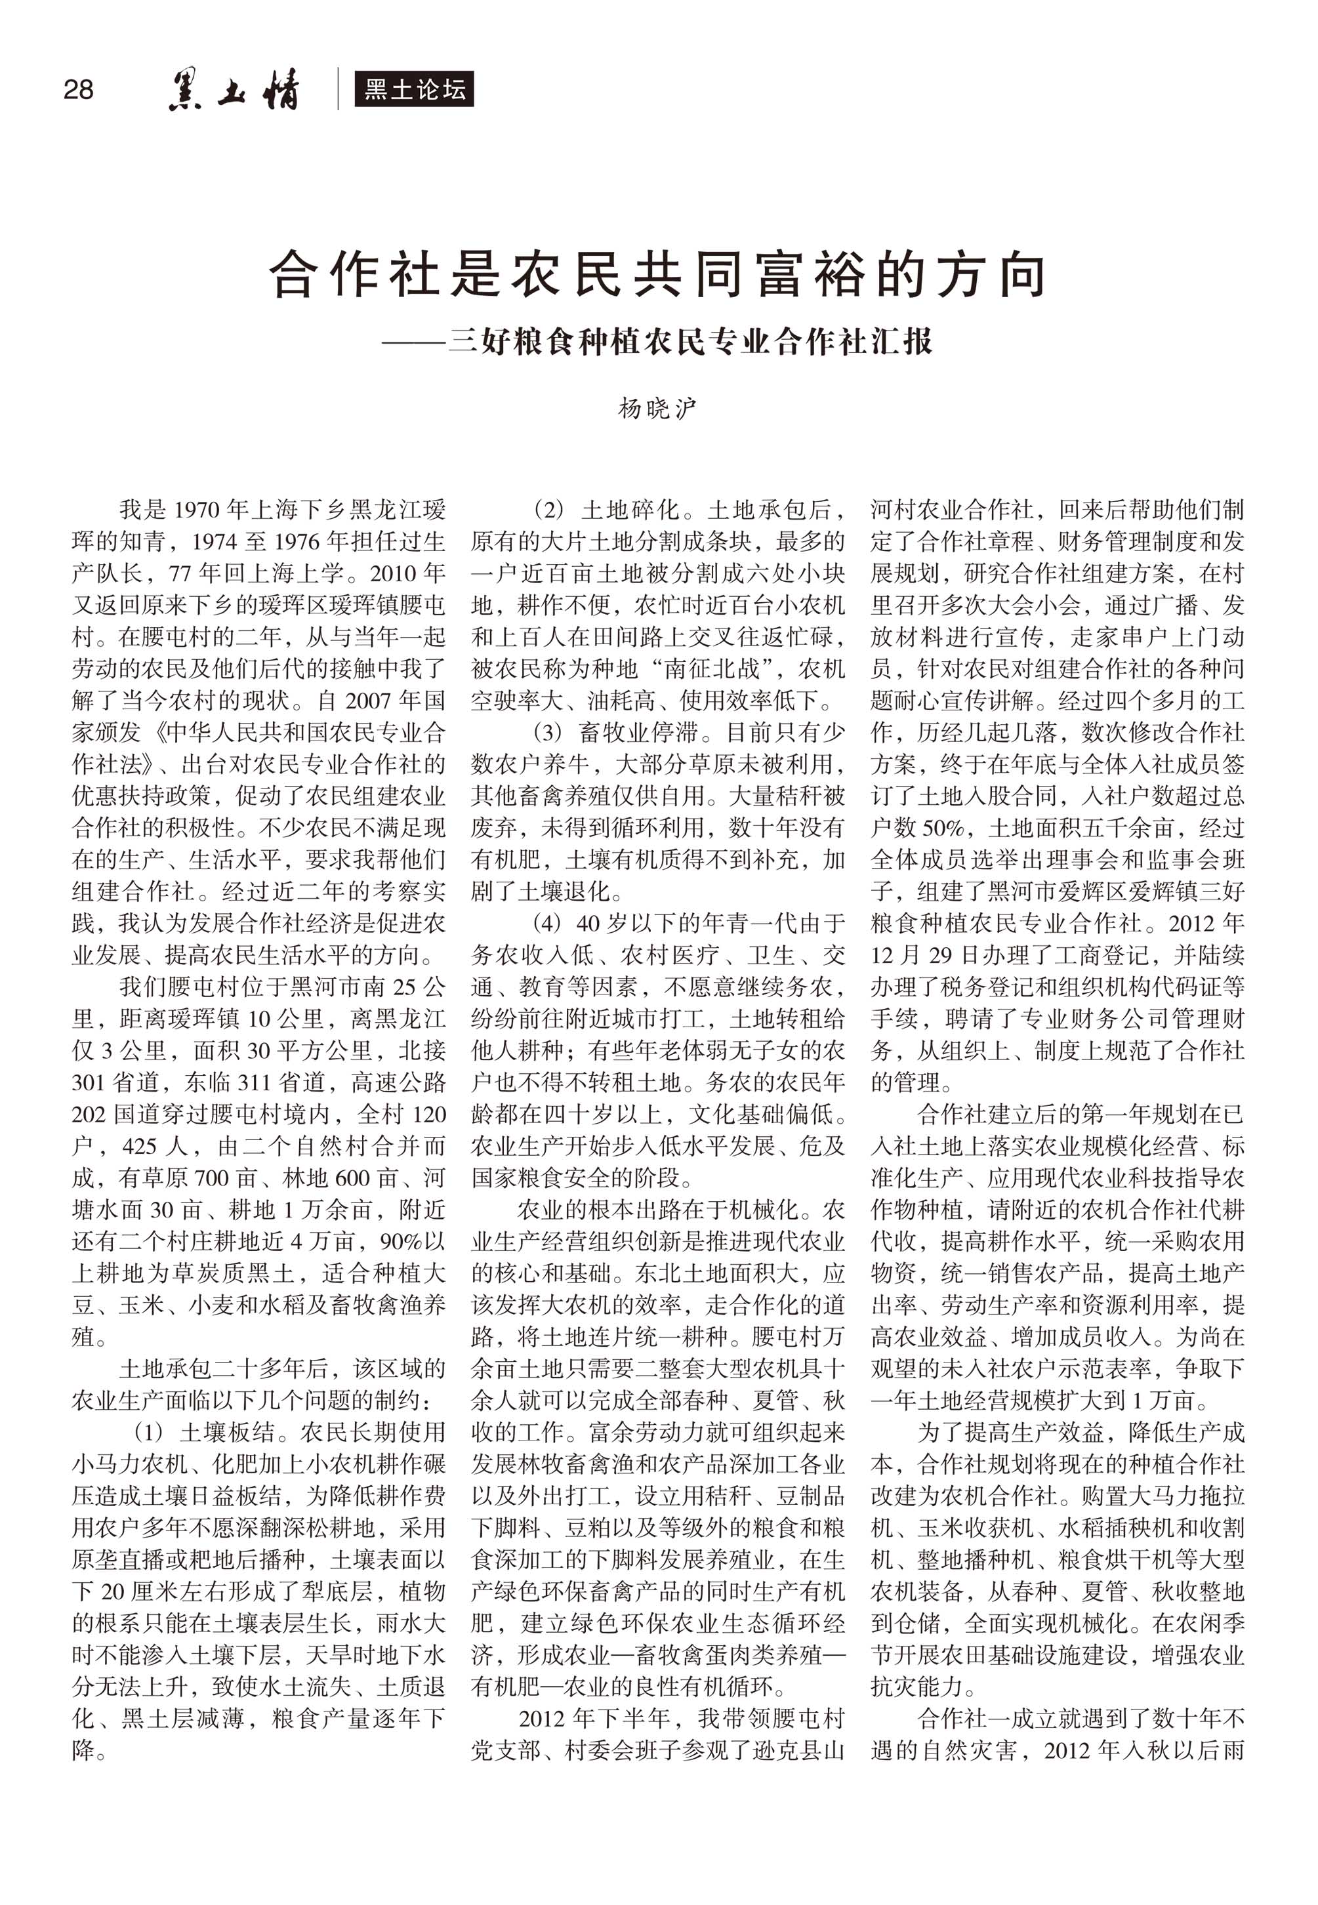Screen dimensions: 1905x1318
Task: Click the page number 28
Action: (79, 89)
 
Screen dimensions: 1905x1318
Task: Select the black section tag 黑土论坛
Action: (415, 89)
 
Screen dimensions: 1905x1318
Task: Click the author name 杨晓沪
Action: (658, 408)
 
